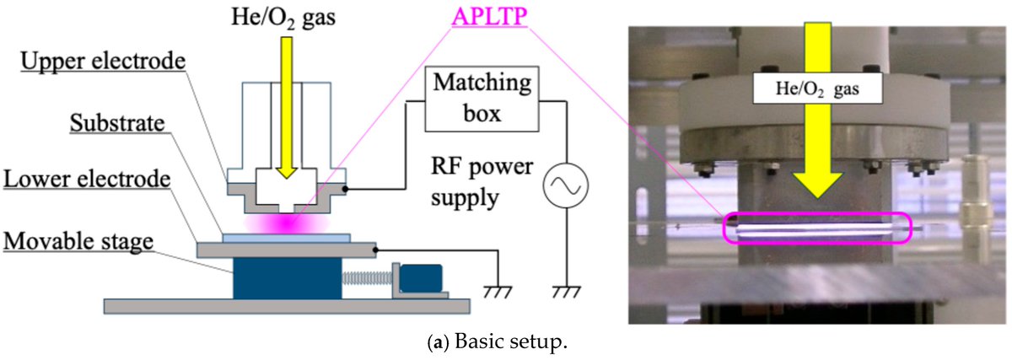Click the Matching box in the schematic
(x=483, y=99)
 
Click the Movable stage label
(x=78, y=243)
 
